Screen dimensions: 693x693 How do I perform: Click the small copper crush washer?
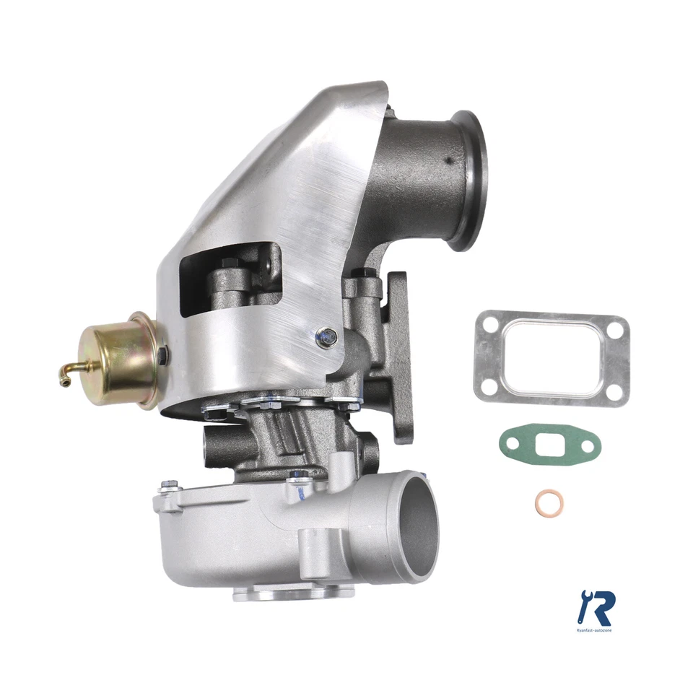[x=550, y=500]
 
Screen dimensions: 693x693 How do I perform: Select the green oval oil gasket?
[x=549, y=445]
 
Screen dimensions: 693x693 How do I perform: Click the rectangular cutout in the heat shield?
[x=230, y=278]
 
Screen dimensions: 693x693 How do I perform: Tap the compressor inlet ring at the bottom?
[x=294, y=593]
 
